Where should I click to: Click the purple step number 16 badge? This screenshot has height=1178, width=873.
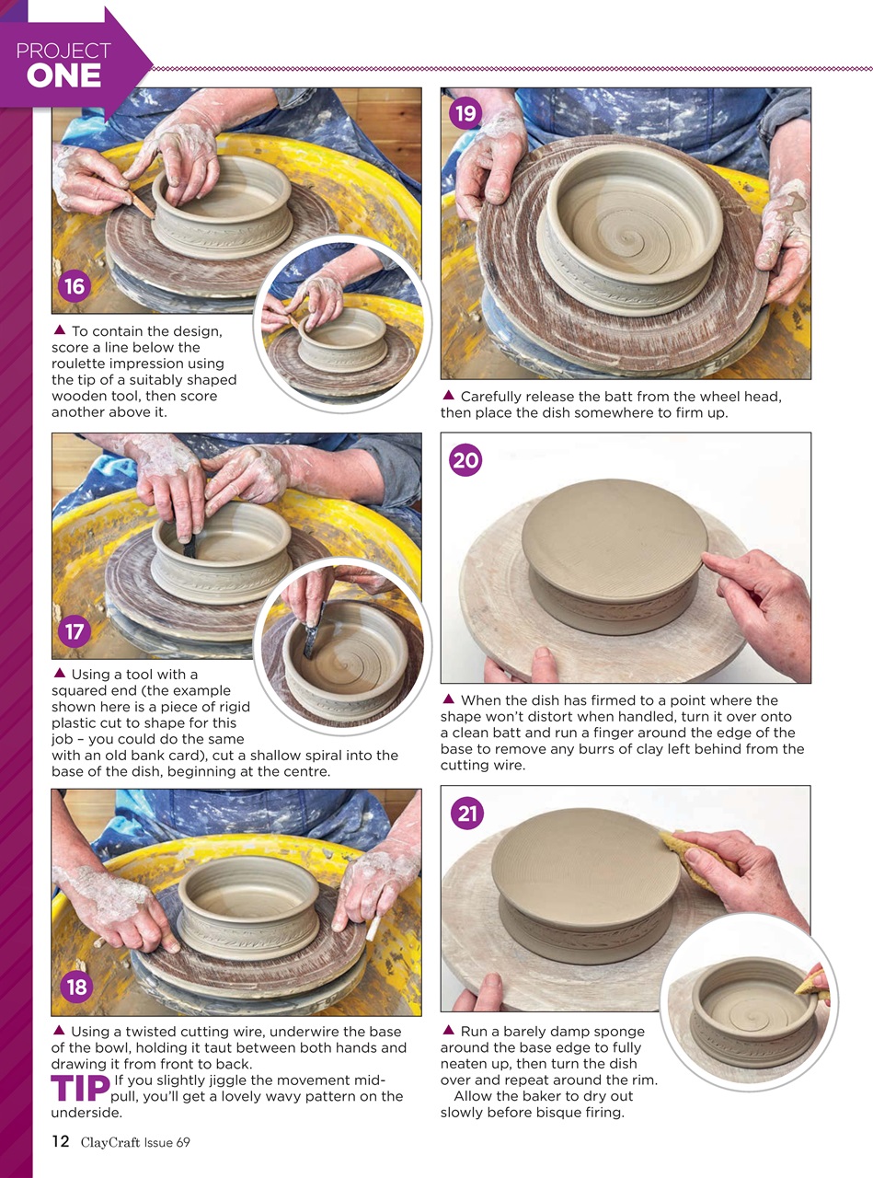point(75,286)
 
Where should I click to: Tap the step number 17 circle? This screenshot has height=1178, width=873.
point(75,632)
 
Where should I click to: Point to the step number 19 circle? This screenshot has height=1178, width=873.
point(465,113)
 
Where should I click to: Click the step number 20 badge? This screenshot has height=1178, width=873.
point(465,459)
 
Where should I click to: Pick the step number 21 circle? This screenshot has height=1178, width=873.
point(467,813)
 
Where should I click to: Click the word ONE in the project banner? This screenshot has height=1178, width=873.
point(63,77)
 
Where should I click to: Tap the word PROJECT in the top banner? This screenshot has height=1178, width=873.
point(63,51)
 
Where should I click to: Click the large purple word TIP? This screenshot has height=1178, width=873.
point(80,1089)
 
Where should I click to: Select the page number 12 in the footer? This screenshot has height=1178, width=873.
point(60,1142)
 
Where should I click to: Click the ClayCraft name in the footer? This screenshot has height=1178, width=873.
point(109,1142)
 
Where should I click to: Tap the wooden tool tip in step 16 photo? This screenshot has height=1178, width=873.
point(149,213)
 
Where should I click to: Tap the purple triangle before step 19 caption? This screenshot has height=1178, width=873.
point(448,396)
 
